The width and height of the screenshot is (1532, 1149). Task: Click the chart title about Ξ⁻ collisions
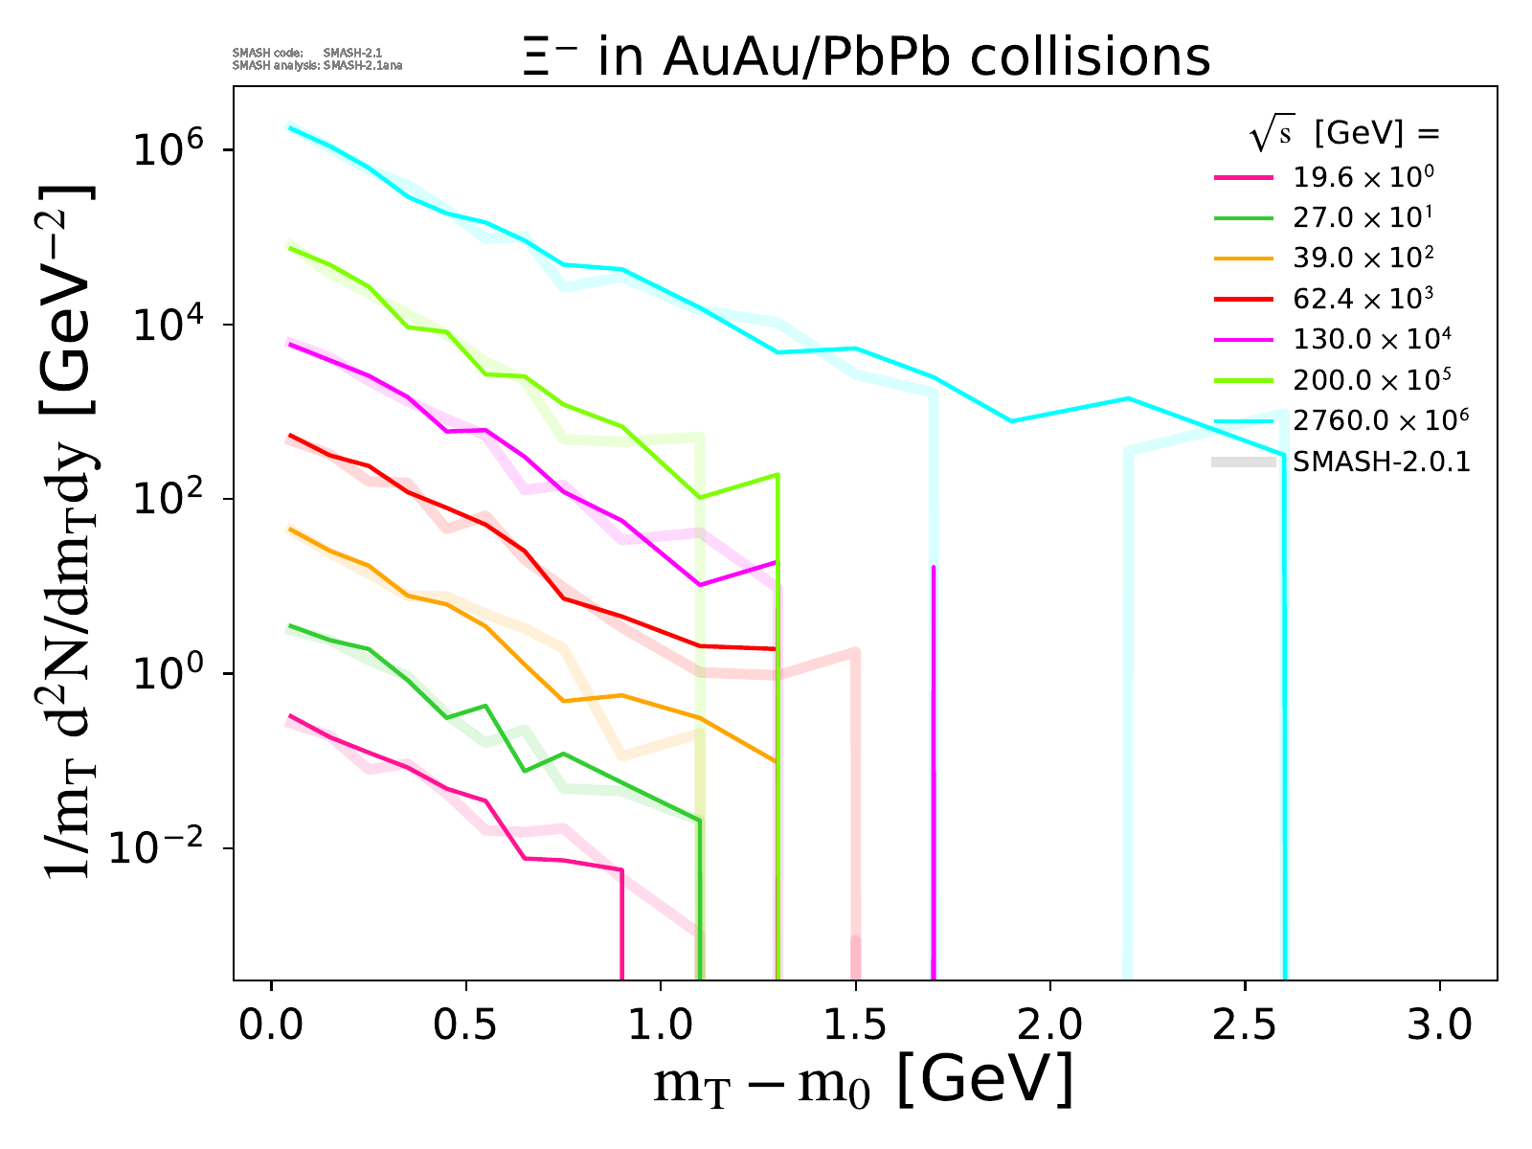[x=867, y=57]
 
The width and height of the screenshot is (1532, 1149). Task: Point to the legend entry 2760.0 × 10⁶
[x=1380, y=420]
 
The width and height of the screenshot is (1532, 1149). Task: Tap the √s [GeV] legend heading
[x=1344, y=135]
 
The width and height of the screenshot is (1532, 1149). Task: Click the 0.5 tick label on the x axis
[x=466, y=1025]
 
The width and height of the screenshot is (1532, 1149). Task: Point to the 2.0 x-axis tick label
[x=1050, y=1025]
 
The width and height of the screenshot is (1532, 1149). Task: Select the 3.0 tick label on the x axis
[x=1439, y=1025]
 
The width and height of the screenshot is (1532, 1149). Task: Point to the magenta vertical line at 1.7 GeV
[x=933, y=766]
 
